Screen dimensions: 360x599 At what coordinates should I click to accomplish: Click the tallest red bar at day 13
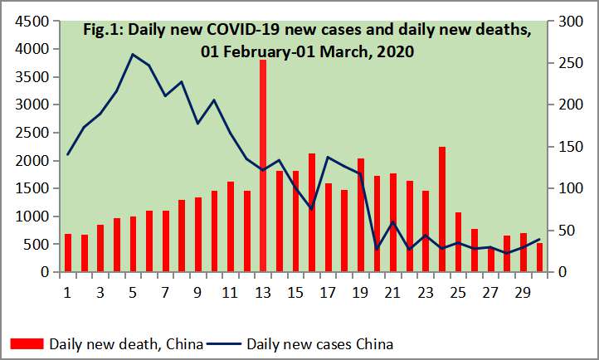click(x=263, y=166)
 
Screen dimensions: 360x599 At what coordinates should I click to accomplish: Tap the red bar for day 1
click(x=68, y=252)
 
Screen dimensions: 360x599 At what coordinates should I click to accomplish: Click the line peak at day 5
click(x=133, y=55)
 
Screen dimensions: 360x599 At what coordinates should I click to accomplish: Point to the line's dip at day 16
click(x=311, y=209)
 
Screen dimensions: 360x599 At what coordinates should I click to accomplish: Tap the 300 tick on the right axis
click(x=569, y=21)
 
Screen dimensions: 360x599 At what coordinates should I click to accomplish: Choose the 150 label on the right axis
click(x=569, y=146)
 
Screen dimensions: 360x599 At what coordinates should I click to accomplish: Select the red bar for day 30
click(x=539, y=257)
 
